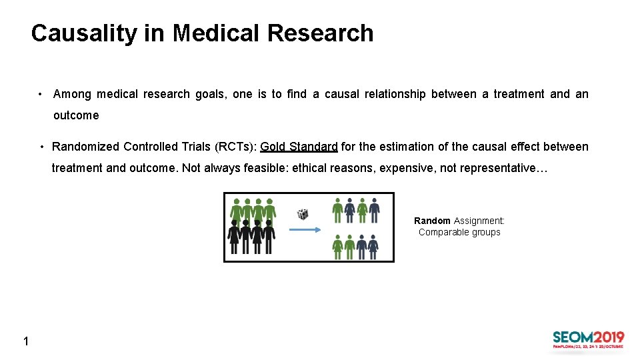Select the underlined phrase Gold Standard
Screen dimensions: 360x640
click(x=299, y=147)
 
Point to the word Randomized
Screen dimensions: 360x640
click(x=85, y=147)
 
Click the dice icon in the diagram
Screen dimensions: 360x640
click(x=303, y=214)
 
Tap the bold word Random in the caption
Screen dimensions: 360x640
click(x=432, y=221)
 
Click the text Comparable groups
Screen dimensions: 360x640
click(x=459, y=232)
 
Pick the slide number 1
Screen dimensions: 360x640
click(x=25, y=342)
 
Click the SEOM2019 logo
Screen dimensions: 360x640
click(x=588, y=339)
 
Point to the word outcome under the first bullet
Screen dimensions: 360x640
click(x=76, y=115)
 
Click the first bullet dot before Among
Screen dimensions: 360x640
click(x=41, y=95)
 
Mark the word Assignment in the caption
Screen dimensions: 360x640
click(x=479, y=221)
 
